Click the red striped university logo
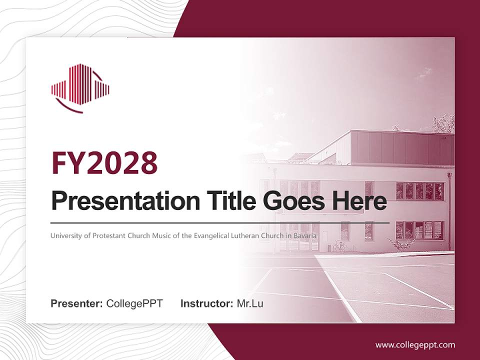coord(79,87)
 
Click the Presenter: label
coord(77,303)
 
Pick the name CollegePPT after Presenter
coord(134,303)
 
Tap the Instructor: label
coord(207,303)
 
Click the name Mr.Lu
coord(250,303)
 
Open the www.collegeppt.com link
coord(415,345)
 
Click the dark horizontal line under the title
coord(220,222)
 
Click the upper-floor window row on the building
coord(419,190)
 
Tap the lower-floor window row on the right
coord(419,230)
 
